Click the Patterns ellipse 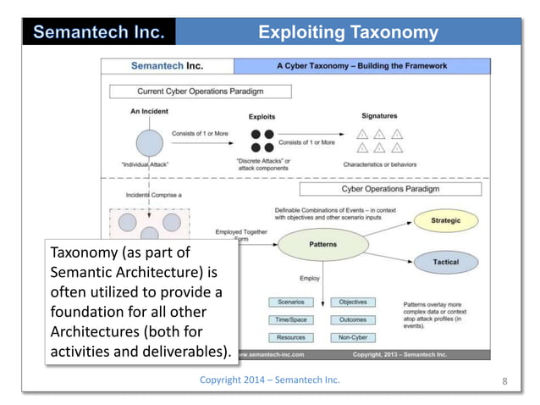tap(322, 244)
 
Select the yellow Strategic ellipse tap(445, 220)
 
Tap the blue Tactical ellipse tap(445, 262)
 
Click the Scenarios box tap(291, 302)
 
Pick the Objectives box tap(353, 302)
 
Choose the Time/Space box tap(291, 319)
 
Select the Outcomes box tap(353, 319)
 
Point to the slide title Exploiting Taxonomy tap(348, 33)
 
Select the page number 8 tap(505, 380)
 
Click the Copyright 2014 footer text tap(269, 380)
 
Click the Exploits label tap(262, 117)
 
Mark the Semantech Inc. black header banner tap(99, 33)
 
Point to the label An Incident tap(149, 111)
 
